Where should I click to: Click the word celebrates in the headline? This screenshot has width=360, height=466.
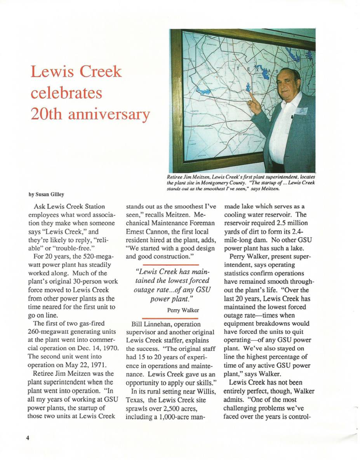(x=66, y=93)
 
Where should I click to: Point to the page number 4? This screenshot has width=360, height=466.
(x=28, y=438)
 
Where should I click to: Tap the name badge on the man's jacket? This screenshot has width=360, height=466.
(x=301, y=111)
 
